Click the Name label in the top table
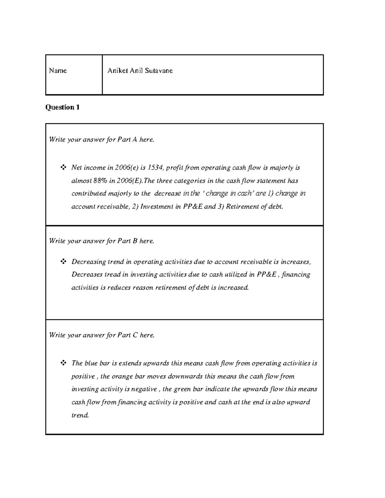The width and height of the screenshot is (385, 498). coord(58,71)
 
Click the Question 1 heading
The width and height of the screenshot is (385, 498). coord(62,107)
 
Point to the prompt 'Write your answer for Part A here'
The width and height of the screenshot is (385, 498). coord(101,139)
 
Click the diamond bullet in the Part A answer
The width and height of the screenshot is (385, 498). coord(63,167)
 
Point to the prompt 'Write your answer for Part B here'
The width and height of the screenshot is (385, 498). coord(101,241)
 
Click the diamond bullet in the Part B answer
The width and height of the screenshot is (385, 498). coord(63,262)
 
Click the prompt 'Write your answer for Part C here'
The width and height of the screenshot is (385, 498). coord(102,335)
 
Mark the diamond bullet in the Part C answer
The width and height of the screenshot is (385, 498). coord(63,363)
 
